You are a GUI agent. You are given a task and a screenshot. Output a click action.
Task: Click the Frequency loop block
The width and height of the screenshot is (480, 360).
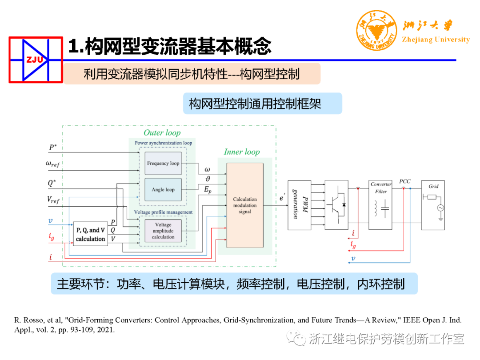pyautogui.click(x=163, y=164)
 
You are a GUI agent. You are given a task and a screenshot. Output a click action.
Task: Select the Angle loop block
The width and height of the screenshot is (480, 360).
pyautogui.click(x=163, y=190)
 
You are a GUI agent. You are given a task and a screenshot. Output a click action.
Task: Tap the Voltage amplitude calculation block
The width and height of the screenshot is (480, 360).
pyautogui.click(x=163, y=231)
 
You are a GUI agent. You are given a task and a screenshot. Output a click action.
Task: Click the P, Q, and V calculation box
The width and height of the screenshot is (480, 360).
pyautogui.click(x=90, y=234)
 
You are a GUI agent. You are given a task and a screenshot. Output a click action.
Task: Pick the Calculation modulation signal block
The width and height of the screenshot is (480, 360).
pyautogui.click(x=245, y=205)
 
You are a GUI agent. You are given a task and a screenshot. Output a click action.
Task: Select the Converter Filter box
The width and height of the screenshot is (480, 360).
pyautogui.click(x=380, y=205)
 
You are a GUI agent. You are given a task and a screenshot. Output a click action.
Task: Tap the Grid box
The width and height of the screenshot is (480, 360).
pyautogui.click(x=433, y=205)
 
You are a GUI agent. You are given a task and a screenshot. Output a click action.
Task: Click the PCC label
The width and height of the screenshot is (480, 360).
pyautogui.click(x=404, y=181)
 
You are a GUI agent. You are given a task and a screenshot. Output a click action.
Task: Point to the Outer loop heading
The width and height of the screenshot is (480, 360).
pyautogui.click(x=162, y=132)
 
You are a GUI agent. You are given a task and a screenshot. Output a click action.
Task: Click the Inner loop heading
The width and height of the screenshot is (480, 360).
pyautogui.click(x=241, y=152)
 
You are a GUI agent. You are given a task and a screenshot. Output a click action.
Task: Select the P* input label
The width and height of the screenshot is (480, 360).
pyautogui.click(x=53, y=148)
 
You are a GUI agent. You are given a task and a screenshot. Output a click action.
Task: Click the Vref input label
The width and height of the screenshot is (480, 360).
pyautogui.click(x=53, y=200)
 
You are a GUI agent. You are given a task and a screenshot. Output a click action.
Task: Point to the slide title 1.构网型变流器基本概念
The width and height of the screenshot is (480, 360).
pyautogui.click(x=169, y=46)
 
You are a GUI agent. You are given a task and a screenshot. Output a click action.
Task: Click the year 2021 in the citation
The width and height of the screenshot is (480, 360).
pyautogui.click(x=107, y=330)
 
